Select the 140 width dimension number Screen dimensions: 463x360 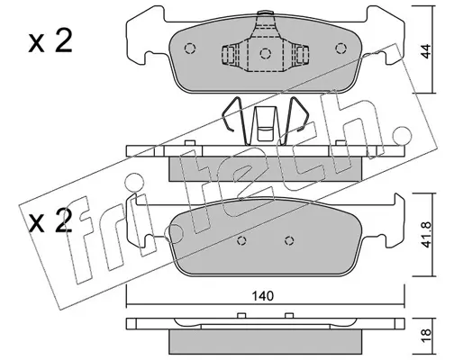[263, 296]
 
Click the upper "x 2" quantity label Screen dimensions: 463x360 [50, 41]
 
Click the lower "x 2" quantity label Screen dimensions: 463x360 [50, 220]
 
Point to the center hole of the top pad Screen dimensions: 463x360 [266, 54]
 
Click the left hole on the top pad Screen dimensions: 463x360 [190, 49]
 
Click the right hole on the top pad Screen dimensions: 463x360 [340, 49]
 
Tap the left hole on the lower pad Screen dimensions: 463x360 [241, 240]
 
